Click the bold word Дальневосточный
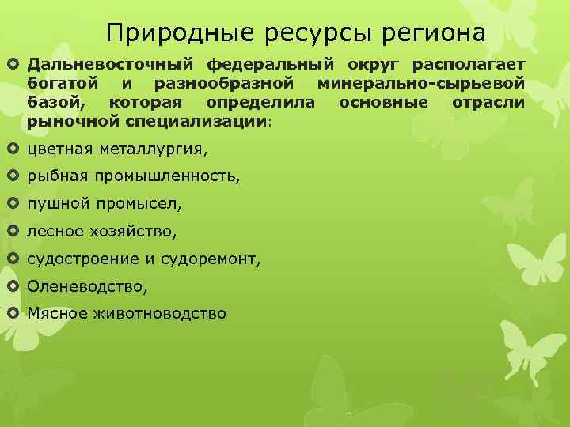click(x=112, y=63)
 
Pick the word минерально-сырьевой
click(x=420, y=82)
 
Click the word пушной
click(x=59, y=204)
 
